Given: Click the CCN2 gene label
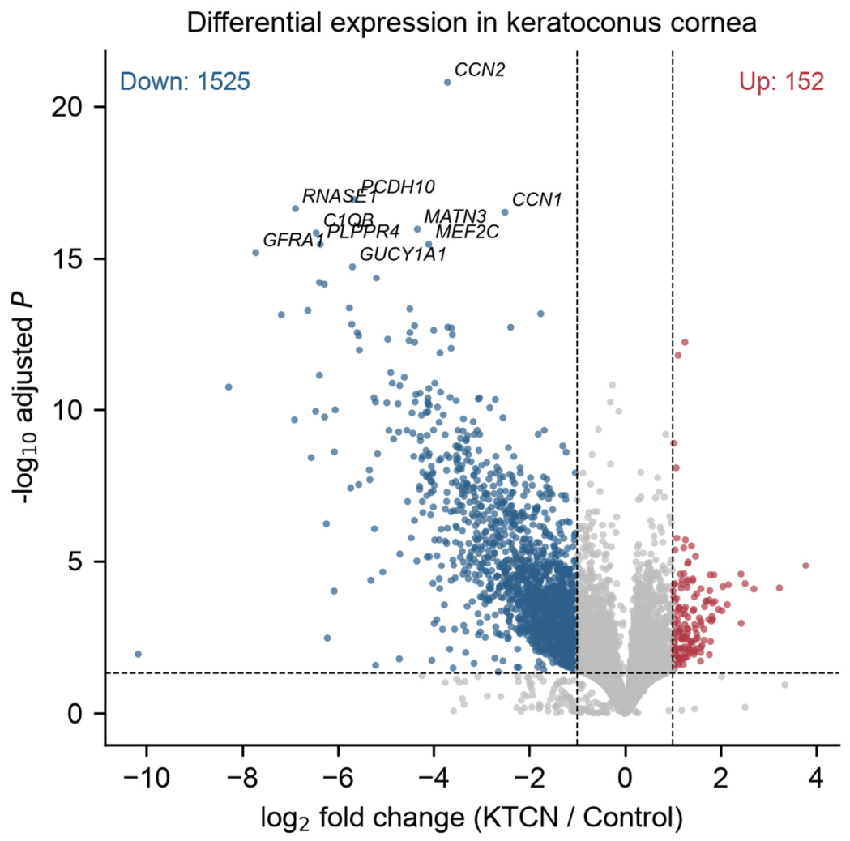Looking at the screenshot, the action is click(480, 70).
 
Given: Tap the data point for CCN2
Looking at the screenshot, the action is click(447, 83).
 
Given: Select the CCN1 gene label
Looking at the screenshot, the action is click(536, 200).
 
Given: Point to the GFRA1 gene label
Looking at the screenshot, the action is click(293, 240).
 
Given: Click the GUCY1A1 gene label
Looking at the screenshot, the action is click(403, 254).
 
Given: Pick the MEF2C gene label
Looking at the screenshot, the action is click(467, 232).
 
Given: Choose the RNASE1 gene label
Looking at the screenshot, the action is click(340, 196).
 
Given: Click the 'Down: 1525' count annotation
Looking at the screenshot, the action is click(185, 81).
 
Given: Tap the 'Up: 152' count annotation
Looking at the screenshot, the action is click(782, 81).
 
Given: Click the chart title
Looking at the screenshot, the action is click(472, 23).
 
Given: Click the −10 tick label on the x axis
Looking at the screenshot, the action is click(147, 779).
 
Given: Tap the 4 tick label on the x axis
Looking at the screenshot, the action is click(817, 779).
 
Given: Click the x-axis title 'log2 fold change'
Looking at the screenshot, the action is click(472, 818).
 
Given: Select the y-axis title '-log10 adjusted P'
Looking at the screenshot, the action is click(25, 398).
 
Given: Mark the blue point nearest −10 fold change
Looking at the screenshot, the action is click(139, 654).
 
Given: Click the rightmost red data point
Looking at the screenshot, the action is click(805, 566).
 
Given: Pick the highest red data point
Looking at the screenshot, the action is click(685, 342).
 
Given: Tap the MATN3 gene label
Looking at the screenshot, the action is click(455, 217).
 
